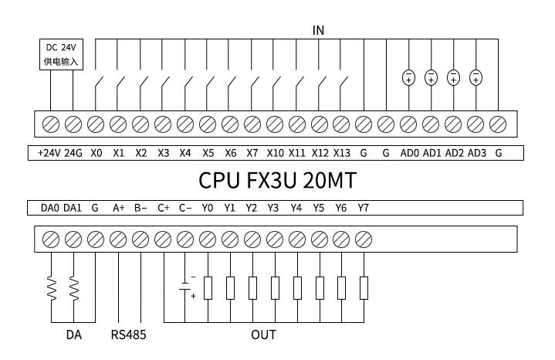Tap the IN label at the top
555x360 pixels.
[318, 30]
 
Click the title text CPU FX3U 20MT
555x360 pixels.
[277, 180]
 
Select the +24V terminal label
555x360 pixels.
[49, 153]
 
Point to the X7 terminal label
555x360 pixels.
[252, 153]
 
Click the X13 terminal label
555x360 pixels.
[342, 153]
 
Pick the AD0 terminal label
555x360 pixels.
[409, 153]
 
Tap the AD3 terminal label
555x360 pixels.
[476, 153]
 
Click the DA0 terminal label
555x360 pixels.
[49, 208]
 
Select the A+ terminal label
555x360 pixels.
[119, 208]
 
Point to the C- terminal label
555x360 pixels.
[186, 208]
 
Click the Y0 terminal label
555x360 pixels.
[208, 208]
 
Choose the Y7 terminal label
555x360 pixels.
[364, 208]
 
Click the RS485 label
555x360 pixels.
[128, 335]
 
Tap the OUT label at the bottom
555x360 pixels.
[263, 335]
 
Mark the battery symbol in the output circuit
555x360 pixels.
[185, 287]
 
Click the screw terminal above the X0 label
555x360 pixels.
[96, 124]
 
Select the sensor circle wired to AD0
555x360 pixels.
[408, 76]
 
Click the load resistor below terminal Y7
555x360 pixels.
[364, 288]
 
